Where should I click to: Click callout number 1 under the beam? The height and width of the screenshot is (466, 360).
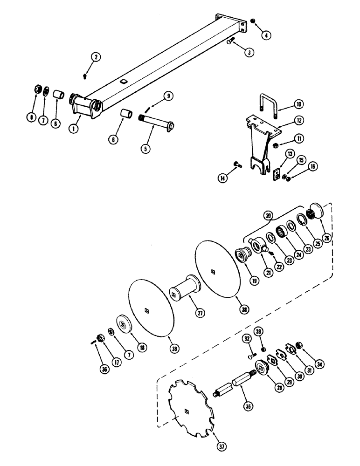pos(73,129)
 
